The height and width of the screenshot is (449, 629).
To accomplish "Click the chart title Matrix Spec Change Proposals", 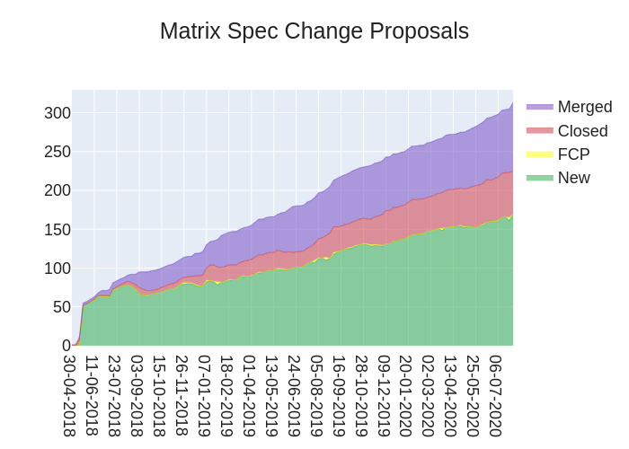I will click(314, 31).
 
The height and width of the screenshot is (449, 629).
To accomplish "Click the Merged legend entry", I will click(584, 107).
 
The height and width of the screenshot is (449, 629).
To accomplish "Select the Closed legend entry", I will click(582, 131).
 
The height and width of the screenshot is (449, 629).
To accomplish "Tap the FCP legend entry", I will click(573, 154).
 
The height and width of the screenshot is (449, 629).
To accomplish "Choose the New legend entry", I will click(573, 178).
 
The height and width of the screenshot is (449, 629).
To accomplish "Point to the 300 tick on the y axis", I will click(58, 113).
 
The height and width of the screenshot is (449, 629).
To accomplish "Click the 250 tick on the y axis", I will click(58, 152).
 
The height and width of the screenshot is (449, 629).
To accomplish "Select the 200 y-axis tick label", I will click(58, 190).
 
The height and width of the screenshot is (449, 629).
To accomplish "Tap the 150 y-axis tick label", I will click(58, 229).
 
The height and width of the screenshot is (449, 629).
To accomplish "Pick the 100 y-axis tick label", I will click(58, 268).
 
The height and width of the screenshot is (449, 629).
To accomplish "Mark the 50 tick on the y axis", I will click(61, 306).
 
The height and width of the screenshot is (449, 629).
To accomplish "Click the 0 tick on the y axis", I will click(66, 345).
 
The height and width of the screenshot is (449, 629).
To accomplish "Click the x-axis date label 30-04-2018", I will click(70, 395).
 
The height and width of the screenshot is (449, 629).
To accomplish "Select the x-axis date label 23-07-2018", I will click(115, 395).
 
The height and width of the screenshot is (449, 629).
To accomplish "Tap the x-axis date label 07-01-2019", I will click(205, 395).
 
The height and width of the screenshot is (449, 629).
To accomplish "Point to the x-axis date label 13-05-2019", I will click(271, 395).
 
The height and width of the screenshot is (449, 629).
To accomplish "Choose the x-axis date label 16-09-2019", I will click(339, 395).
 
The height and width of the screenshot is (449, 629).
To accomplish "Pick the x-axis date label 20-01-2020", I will click(406, 395).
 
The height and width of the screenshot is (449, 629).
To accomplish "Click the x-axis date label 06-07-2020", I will click(495, 395).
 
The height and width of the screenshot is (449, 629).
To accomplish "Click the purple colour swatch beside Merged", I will click(539, 107).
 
